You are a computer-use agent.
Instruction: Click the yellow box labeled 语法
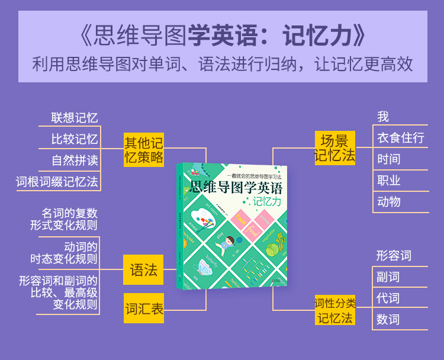tap(143, 271)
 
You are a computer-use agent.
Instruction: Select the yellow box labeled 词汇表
tap(144, 308)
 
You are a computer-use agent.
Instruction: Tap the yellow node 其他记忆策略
tap(143, 149)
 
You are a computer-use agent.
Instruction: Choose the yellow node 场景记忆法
tap(334, 148)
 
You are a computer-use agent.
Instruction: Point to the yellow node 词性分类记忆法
tap(334, 310)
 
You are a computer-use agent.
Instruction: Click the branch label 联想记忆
tap(75, 117)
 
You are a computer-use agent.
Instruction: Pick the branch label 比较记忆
tap(75, 139)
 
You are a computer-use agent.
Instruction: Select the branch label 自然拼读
tap(75, 160)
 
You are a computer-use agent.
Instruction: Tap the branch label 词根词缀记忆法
tap(57, 181)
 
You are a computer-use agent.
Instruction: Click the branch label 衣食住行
tap(401, 138)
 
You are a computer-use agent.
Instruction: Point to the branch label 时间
tap(389, 159)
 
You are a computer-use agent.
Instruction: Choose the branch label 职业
tap(389, 180)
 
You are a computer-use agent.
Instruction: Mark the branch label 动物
tap(389, 201)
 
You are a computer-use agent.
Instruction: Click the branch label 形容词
tap(394, 256)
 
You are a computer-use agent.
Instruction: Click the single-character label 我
tap(383, 117)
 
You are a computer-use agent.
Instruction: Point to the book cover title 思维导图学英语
tap(236, 188)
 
